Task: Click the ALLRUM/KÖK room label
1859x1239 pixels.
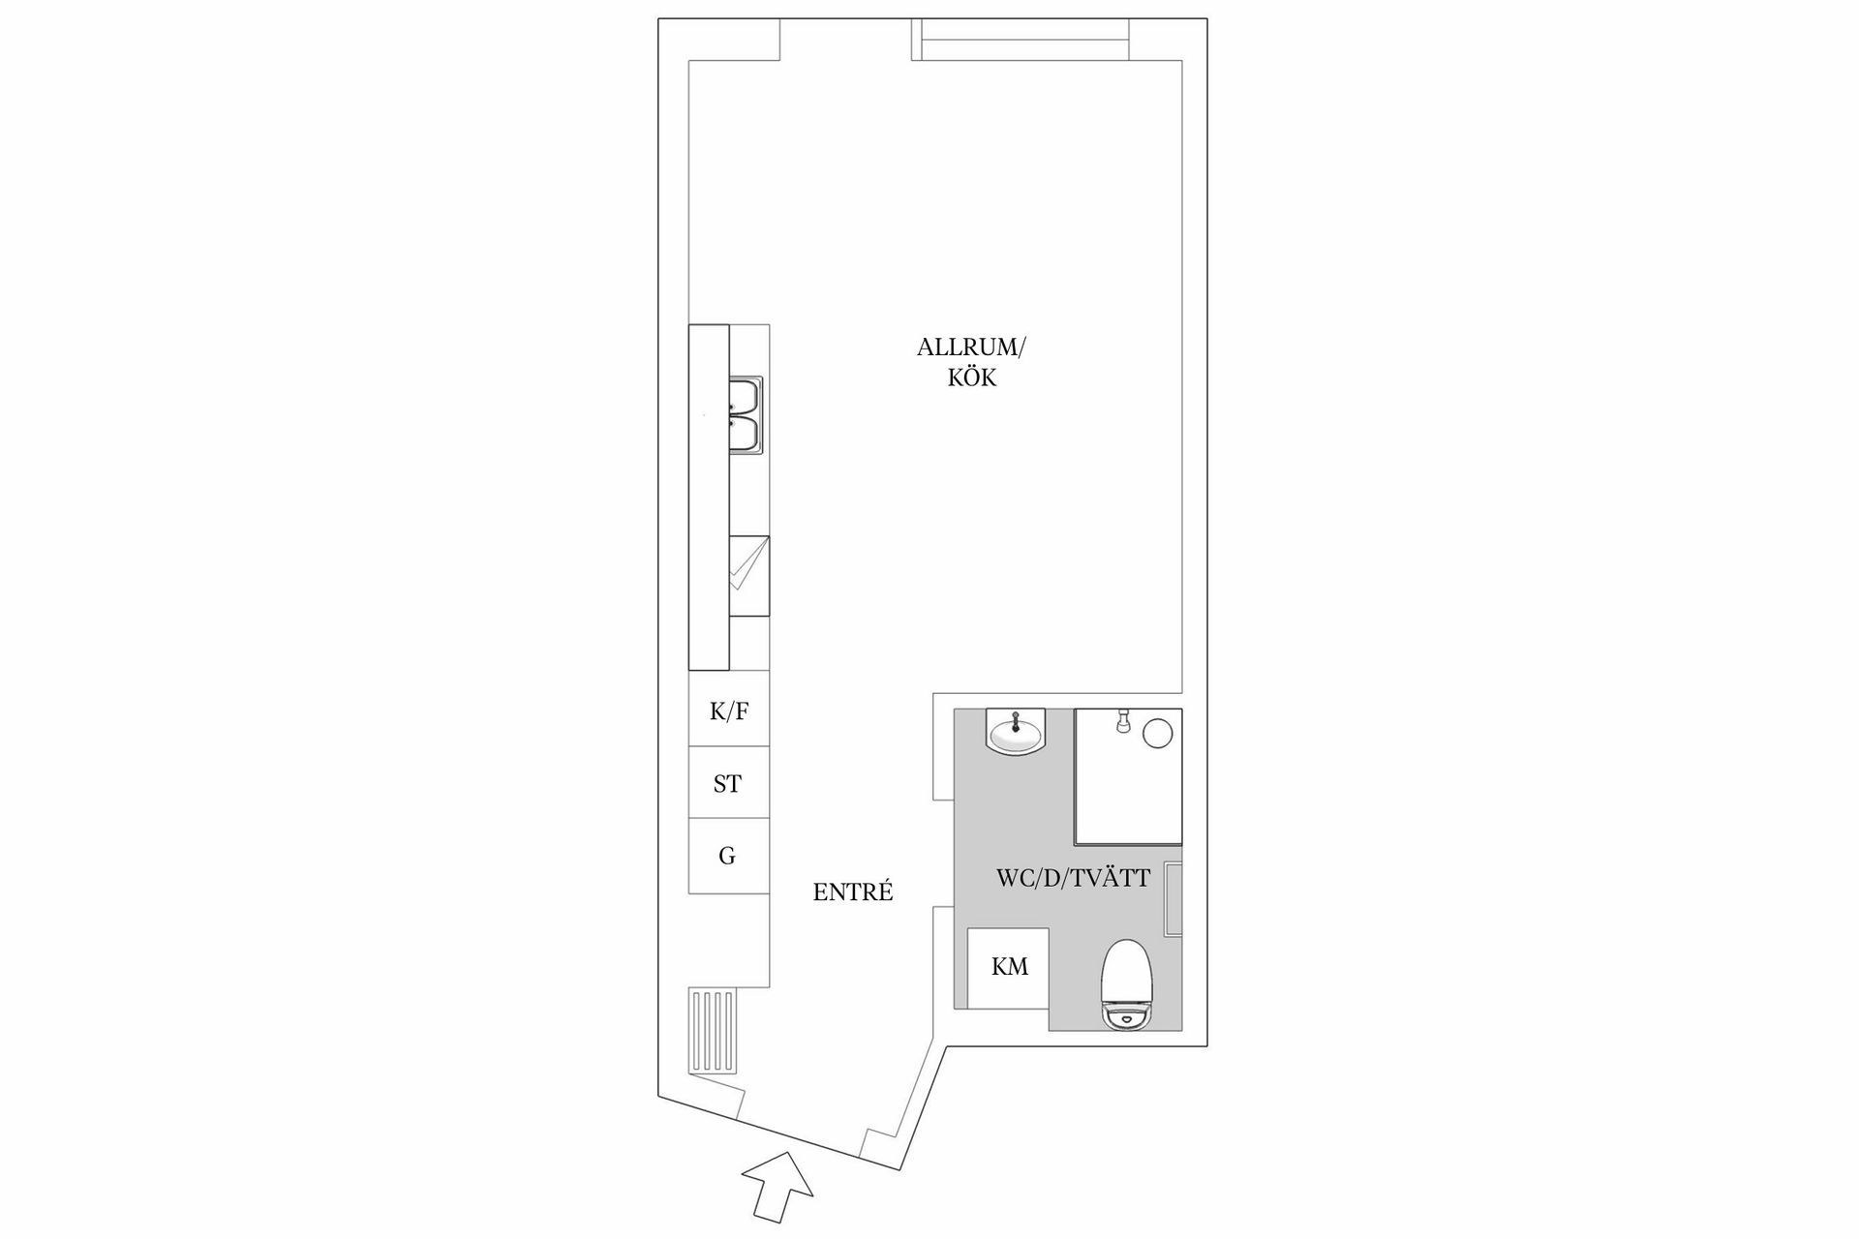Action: coord(971,362)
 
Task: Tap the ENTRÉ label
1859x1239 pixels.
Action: coord(853,892)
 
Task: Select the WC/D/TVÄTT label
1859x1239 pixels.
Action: coord(1073,878)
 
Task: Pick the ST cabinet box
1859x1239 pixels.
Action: coord(729,782)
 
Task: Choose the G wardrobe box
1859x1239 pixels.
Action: coord(729,856)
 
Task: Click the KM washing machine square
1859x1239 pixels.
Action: coord(1009,968)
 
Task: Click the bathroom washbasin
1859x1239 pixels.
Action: coord(1015,730)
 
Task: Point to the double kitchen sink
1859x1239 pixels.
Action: coord(746,416)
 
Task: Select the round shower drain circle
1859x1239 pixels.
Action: coord(1158,733)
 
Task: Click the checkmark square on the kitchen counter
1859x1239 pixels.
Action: coord(748,575)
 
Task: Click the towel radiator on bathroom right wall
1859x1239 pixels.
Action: coord(1173,898)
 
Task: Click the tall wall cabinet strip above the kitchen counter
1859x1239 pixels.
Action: coord(708,498)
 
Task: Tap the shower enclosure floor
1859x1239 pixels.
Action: coord(1129,775)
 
